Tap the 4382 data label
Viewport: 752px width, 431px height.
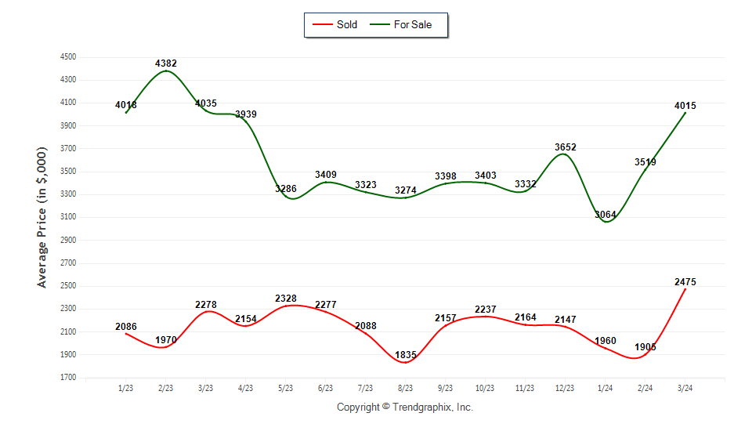coord(166,63)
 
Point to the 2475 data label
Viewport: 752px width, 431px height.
coord(685,282)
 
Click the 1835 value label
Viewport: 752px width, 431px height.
coord(406,354)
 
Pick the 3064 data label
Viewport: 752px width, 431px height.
coord(606,214)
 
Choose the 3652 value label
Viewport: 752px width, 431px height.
coord(566,147)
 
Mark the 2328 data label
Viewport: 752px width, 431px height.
coord(286,299)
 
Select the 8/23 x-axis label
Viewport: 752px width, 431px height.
coord(406,388)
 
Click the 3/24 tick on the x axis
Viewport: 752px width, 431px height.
coord(685,388)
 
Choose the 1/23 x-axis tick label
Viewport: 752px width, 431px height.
coord(126,388)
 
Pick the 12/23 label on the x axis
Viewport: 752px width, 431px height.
coord(566,388)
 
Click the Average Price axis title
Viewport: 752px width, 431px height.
coord(42,216)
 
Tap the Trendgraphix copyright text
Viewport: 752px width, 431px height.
coord(405,407)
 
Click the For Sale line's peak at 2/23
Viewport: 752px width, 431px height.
coord(166,71)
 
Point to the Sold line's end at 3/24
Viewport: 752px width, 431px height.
coord(685,289)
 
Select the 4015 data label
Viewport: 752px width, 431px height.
coord(685,106)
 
